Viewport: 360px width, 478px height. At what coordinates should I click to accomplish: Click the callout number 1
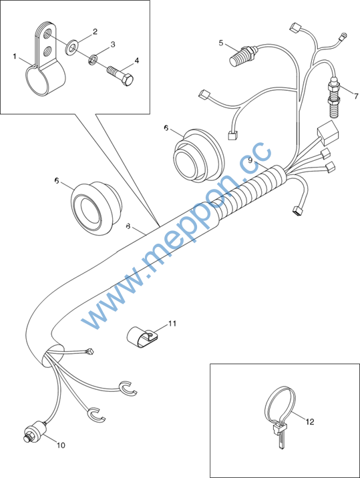click(15, 56)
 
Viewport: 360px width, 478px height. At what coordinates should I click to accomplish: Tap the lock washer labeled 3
click(93, 59)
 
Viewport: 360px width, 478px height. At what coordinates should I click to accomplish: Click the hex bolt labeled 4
click(120, 77)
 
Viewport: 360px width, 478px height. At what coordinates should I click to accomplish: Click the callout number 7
click(356, 96)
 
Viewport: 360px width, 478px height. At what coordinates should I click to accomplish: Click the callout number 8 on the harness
click(128, 226)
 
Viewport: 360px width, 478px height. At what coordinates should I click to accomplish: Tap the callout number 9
click(250, 160)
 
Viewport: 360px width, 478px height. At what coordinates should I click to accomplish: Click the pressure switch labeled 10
click(35, 430)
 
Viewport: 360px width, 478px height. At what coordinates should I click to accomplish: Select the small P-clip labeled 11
click(141, 337)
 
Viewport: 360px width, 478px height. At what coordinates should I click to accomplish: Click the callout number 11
click(172, 323)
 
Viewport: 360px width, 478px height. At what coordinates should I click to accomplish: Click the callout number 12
click(310, 422)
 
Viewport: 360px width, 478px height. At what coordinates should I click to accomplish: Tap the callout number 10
click(61, 445)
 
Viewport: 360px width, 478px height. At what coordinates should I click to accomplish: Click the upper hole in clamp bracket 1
click(47, 33)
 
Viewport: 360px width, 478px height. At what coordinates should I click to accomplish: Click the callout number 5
click(221, 43)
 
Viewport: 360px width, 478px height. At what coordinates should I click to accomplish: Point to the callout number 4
click(137, 61)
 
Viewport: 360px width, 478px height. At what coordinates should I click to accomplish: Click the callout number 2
click(96, 31)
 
